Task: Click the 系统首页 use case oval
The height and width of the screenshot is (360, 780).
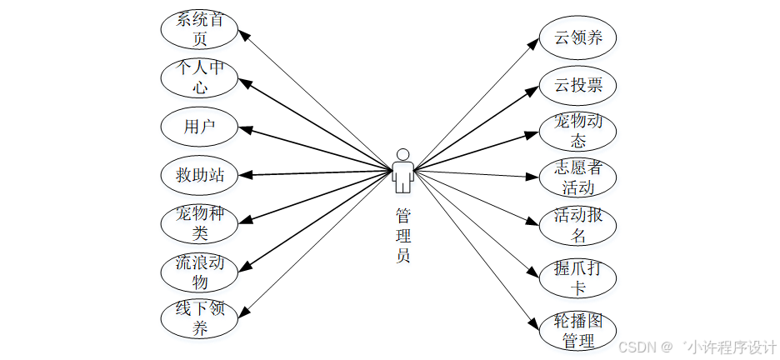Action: coord(200,29)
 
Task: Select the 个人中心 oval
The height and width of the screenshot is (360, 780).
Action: coord(200,77)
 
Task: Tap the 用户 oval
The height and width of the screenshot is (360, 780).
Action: coord(200,127)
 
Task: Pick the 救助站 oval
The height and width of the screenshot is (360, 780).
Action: coord(200,175)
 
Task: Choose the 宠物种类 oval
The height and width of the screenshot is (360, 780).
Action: coord(200,222)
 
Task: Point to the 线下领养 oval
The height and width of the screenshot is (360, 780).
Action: coord(200,319)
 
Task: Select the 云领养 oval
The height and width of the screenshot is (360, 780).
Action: coord(577,37)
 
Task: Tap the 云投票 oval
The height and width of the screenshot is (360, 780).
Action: coord(577,85)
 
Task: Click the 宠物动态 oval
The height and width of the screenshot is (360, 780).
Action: coord(577,132)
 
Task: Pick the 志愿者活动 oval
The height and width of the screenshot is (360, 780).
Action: coord(577,177)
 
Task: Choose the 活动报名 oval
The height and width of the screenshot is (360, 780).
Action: coord(577,225)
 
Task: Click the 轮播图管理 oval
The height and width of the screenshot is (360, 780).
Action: coord(577,331)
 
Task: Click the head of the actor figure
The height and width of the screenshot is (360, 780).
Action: coord(402,154)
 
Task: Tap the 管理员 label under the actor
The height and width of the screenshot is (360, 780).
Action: coord(403,235)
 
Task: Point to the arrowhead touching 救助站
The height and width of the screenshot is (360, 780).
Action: coord(244,175)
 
